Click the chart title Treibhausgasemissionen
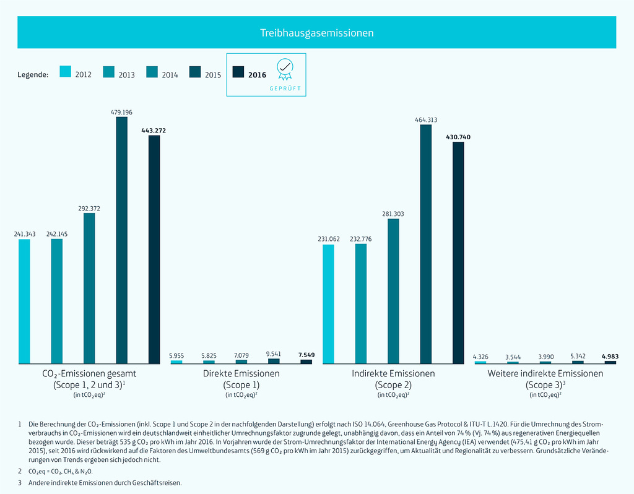click(316, 33)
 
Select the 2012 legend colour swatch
click(65, 72)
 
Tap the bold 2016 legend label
click(257, 75)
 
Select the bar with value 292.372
click(89, 288)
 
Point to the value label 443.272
click(154, 131)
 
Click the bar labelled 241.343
click(24, 301)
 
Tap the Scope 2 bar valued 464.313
click(426, 244)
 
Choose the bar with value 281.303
click(393, 291)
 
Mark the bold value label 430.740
click(458, 137)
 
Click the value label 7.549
click(306, 355)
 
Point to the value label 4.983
click(610, 356)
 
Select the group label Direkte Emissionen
click(241, 373)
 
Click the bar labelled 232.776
click(361, 303)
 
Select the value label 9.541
click(274, 354)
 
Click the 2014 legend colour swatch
click(152, 72)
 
